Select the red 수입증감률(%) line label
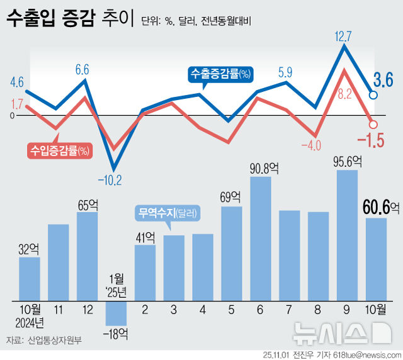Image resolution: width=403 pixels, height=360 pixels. click(60, 150)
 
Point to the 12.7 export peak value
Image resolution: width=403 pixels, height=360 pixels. click(344, 36)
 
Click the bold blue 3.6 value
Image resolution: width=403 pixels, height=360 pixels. click(383, 80)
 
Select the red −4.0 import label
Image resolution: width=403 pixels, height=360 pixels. click(310, 145)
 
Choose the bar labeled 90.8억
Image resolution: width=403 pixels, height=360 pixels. click(261, 239)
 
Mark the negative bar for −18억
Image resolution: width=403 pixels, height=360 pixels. click(116, 312)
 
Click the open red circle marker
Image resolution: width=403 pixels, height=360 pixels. click(372, 125)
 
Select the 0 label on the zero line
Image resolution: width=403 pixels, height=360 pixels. click(11, 115)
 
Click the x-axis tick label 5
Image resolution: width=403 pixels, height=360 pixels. click(232, 310)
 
